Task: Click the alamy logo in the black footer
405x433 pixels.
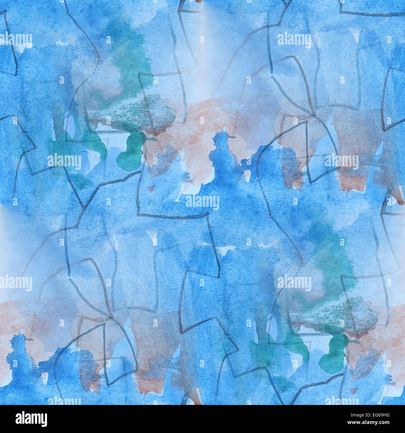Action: click(x=31, y=419)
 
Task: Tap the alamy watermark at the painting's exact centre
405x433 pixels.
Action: click(x=202, y=202)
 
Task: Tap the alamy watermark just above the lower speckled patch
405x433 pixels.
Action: click(x=294, y=283)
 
